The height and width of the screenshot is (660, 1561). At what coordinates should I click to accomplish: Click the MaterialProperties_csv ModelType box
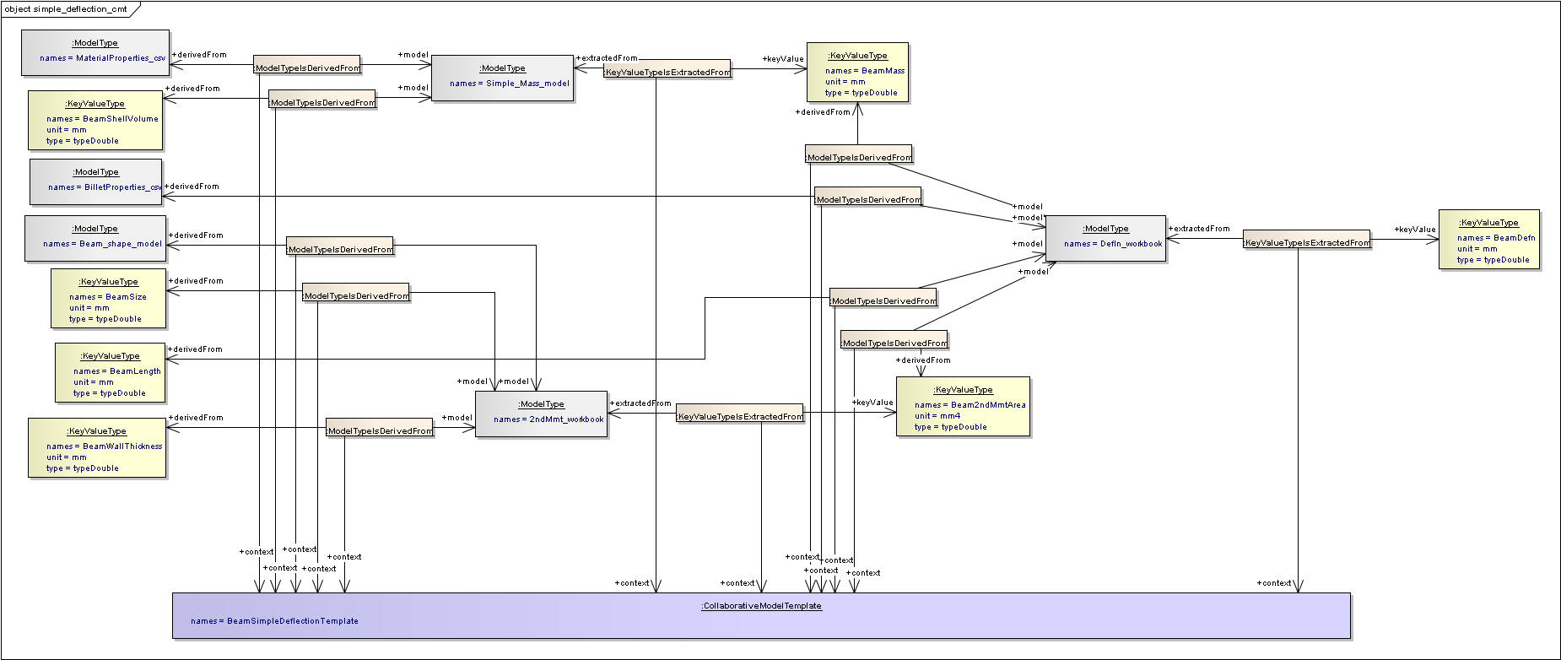[95, 52]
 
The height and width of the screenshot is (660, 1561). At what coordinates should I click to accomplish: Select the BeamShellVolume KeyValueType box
[95, 120]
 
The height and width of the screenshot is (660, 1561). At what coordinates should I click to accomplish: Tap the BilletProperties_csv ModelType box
[96, 181]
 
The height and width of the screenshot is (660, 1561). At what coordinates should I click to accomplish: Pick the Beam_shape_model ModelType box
[95, 238]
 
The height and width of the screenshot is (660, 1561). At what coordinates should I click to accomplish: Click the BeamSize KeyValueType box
[108, 298]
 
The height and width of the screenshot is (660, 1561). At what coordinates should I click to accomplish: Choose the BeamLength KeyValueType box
[111, 372]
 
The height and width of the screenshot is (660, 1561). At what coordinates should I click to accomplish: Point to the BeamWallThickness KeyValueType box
[97, 447]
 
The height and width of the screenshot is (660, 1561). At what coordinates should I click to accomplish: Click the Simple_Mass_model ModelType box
[503, 78]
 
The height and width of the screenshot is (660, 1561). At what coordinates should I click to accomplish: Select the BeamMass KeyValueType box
[857, 72]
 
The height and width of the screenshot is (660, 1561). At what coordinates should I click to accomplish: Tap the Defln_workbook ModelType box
[1106, 238]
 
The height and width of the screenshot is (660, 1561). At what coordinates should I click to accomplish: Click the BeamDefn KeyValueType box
[1488, 239]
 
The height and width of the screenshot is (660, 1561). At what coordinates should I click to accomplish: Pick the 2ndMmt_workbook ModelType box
[542, 414]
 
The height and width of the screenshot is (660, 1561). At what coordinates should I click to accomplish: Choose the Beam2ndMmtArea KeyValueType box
[963, 406]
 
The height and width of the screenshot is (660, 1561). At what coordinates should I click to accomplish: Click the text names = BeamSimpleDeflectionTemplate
[274, 621]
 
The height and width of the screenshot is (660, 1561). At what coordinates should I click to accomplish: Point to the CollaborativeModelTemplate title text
[761, 606]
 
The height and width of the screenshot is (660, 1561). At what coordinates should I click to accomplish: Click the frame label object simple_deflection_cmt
[67, 9]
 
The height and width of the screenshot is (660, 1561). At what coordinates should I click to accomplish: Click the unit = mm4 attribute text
[937, 416]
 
